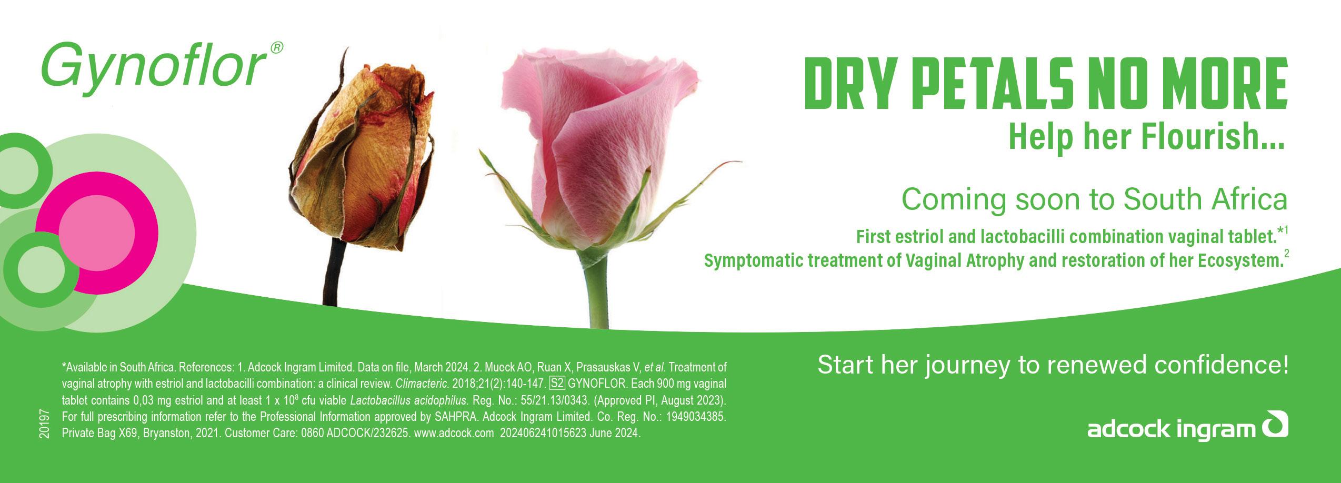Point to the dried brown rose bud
(x=363, y=158)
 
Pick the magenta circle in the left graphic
(x=97, y=232)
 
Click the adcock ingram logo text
(x=1174, y=430)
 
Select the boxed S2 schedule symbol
(x=557, y=383)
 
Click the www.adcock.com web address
(x=454, y=434)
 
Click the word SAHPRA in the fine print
(x=456, y=417)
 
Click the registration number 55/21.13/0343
(x=555, y=400)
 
